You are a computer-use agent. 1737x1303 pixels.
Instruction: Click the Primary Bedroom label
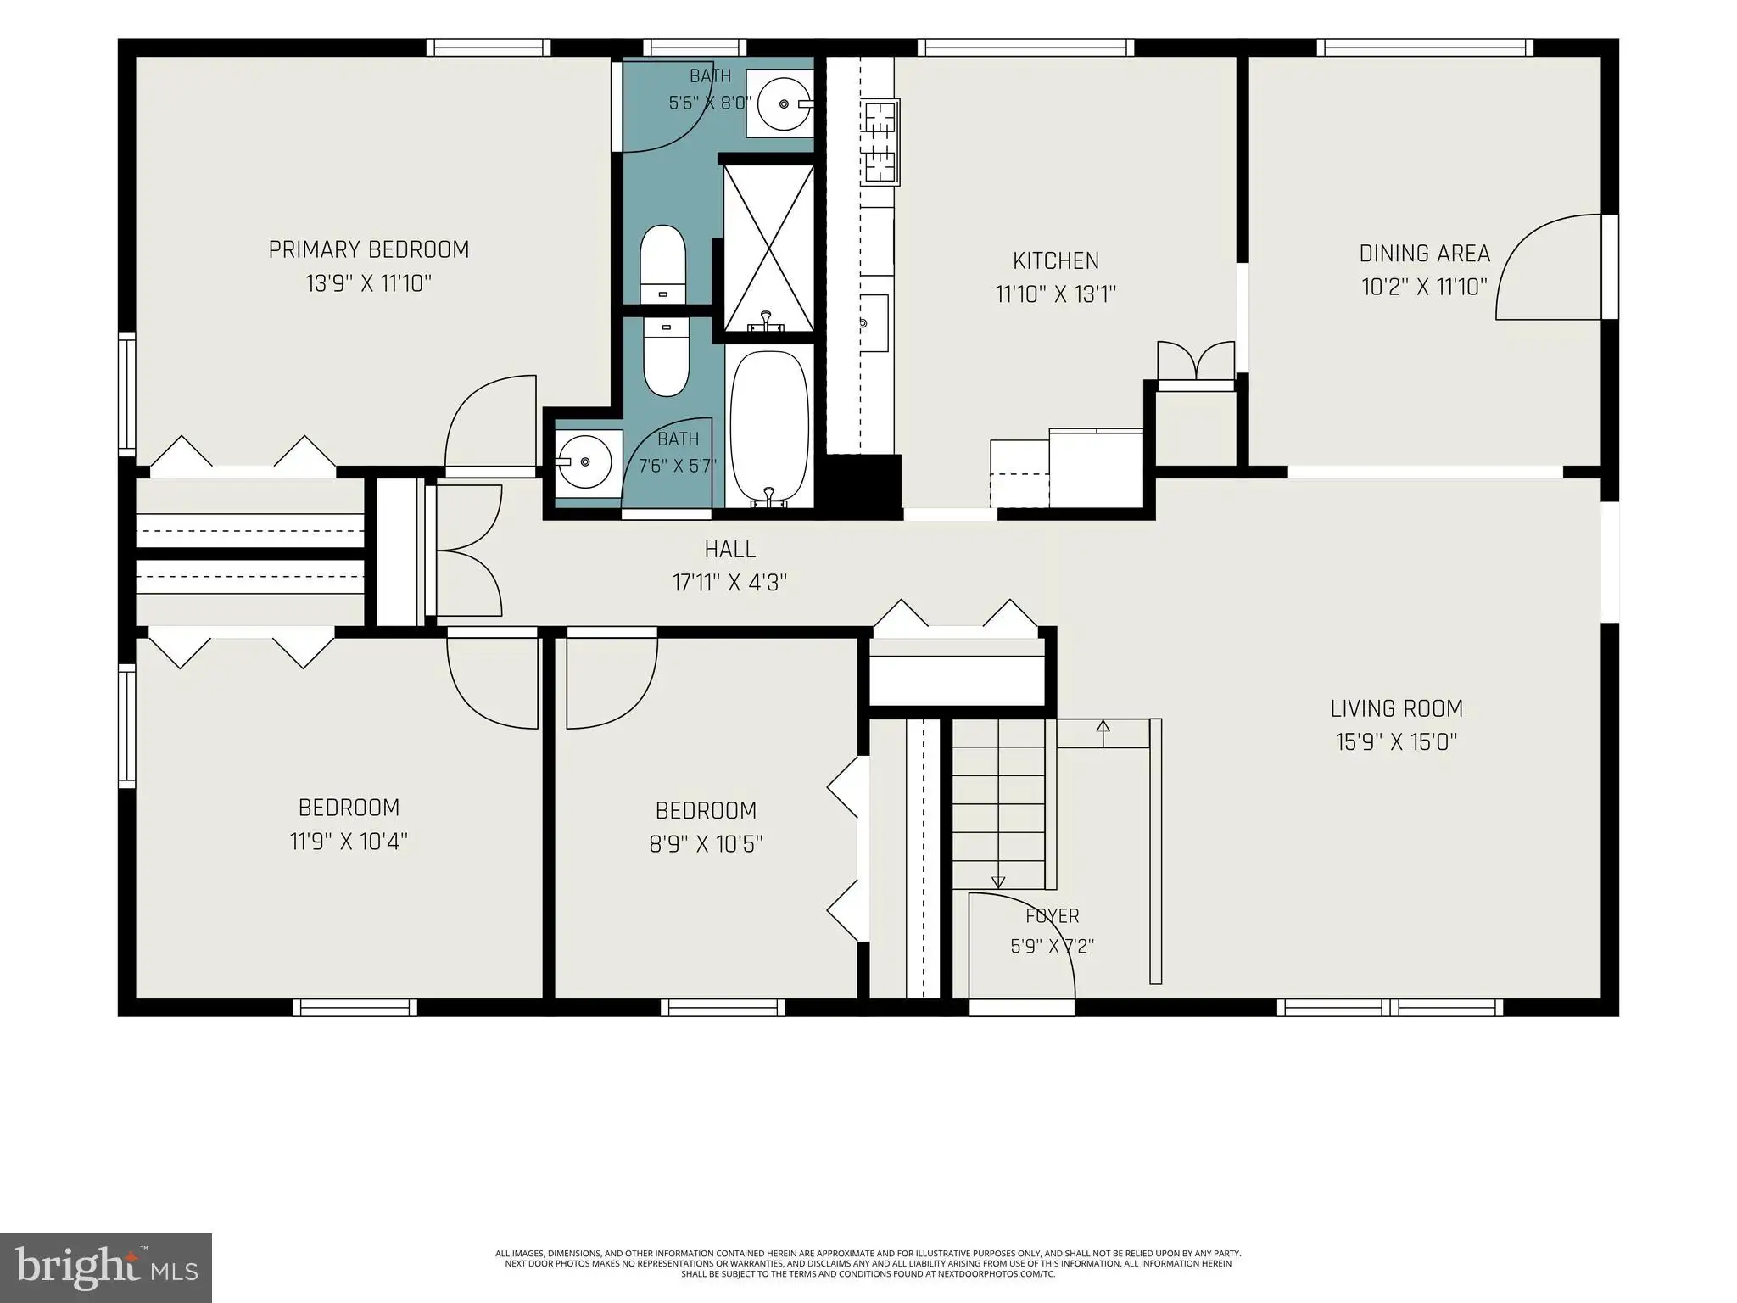point(369,249)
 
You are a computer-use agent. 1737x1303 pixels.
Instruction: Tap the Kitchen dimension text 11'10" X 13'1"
point(1055,294)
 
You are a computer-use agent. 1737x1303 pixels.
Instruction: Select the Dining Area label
point(1424,254)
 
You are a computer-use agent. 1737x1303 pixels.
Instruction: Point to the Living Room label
point(1396,708)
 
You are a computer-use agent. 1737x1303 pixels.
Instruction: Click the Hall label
point(729,550)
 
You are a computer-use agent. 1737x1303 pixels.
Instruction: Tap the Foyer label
point(1053,916)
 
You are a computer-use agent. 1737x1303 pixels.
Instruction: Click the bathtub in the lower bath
point(769,428)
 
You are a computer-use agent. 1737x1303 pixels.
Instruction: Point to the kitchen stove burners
point(880,142)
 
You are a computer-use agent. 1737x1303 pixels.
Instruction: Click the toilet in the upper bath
point(662,264)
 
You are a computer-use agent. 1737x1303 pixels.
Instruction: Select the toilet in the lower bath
point(666,356)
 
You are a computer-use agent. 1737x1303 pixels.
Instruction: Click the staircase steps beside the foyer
point(999,804)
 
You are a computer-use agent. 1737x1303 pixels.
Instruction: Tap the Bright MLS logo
point(106,1267)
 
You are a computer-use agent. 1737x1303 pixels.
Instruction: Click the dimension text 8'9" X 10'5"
point(707,844)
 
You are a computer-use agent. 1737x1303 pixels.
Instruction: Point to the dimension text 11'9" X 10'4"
point(349,842)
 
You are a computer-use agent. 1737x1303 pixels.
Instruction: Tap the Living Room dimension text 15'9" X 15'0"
point(1396,742)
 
